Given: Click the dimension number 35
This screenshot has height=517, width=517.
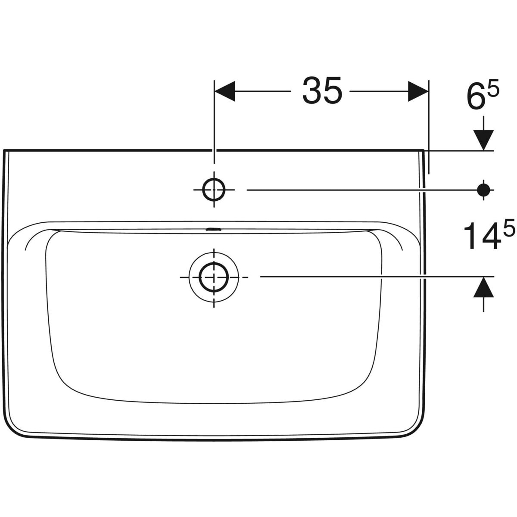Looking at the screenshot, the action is pos(322,90).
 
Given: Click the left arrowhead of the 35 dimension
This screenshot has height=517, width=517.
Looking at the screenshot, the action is pos(225,91).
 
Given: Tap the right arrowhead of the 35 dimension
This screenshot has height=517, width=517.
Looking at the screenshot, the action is pos(418,91).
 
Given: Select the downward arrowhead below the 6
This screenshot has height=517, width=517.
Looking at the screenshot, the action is pos(483,140).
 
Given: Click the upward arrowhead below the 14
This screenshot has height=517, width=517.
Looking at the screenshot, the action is pos(483,287).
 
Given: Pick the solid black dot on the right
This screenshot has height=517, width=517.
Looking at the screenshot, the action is pos(483,190).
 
